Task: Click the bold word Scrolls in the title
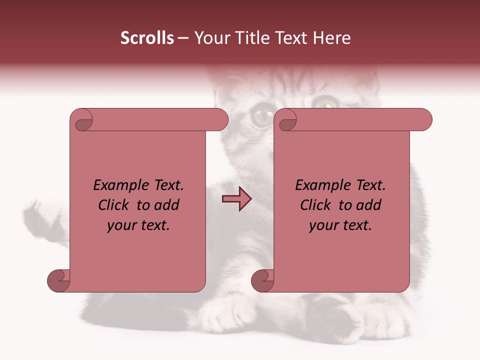147,38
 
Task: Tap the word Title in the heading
251,38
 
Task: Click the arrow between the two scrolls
236,199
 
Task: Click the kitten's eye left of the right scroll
260,116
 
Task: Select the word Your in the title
210,38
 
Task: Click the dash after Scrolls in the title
183,38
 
